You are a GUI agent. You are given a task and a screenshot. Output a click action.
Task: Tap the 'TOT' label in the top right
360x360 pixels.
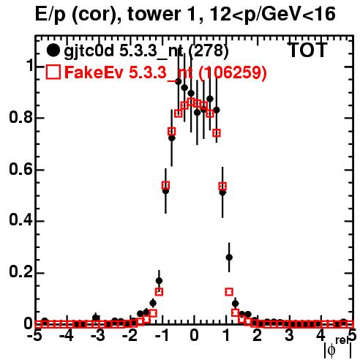[308, 50]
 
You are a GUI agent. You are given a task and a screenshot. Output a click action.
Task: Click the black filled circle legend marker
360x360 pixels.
[53, 50]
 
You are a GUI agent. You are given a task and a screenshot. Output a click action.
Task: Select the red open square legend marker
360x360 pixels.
[53, 72]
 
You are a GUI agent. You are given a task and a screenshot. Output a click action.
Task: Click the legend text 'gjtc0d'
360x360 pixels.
[89, 51]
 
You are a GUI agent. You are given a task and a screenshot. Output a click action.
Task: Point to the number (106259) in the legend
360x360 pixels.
[233, 72]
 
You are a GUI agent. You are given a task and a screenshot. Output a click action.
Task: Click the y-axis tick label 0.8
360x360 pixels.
[20, 117]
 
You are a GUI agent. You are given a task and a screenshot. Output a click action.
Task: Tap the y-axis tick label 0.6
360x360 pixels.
[20, 169]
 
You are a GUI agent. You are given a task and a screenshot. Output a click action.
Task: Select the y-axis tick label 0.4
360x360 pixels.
[20, 220]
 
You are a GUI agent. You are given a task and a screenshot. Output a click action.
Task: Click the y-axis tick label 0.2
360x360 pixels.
[20, 271]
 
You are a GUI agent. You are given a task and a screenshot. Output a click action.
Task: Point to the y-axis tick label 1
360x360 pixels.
[30, 65]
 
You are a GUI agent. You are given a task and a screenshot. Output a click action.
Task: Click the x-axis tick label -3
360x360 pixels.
[98, 336]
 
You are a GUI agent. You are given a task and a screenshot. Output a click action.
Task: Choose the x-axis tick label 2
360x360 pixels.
[258, 336]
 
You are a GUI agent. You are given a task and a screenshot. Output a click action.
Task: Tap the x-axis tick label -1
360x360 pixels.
[162, 336]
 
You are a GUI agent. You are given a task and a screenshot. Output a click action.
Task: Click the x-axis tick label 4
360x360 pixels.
[321, 336]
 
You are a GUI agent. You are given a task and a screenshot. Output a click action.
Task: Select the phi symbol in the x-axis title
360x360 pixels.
[331, 350]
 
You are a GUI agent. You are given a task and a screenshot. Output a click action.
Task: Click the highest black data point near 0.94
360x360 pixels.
[179, 81]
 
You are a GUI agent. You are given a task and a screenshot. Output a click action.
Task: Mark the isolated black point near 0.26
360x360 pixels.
[229, 258]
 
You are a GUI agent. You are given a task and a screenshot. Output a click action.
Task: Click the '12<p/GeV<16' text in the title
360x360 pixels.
[272, 14]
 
